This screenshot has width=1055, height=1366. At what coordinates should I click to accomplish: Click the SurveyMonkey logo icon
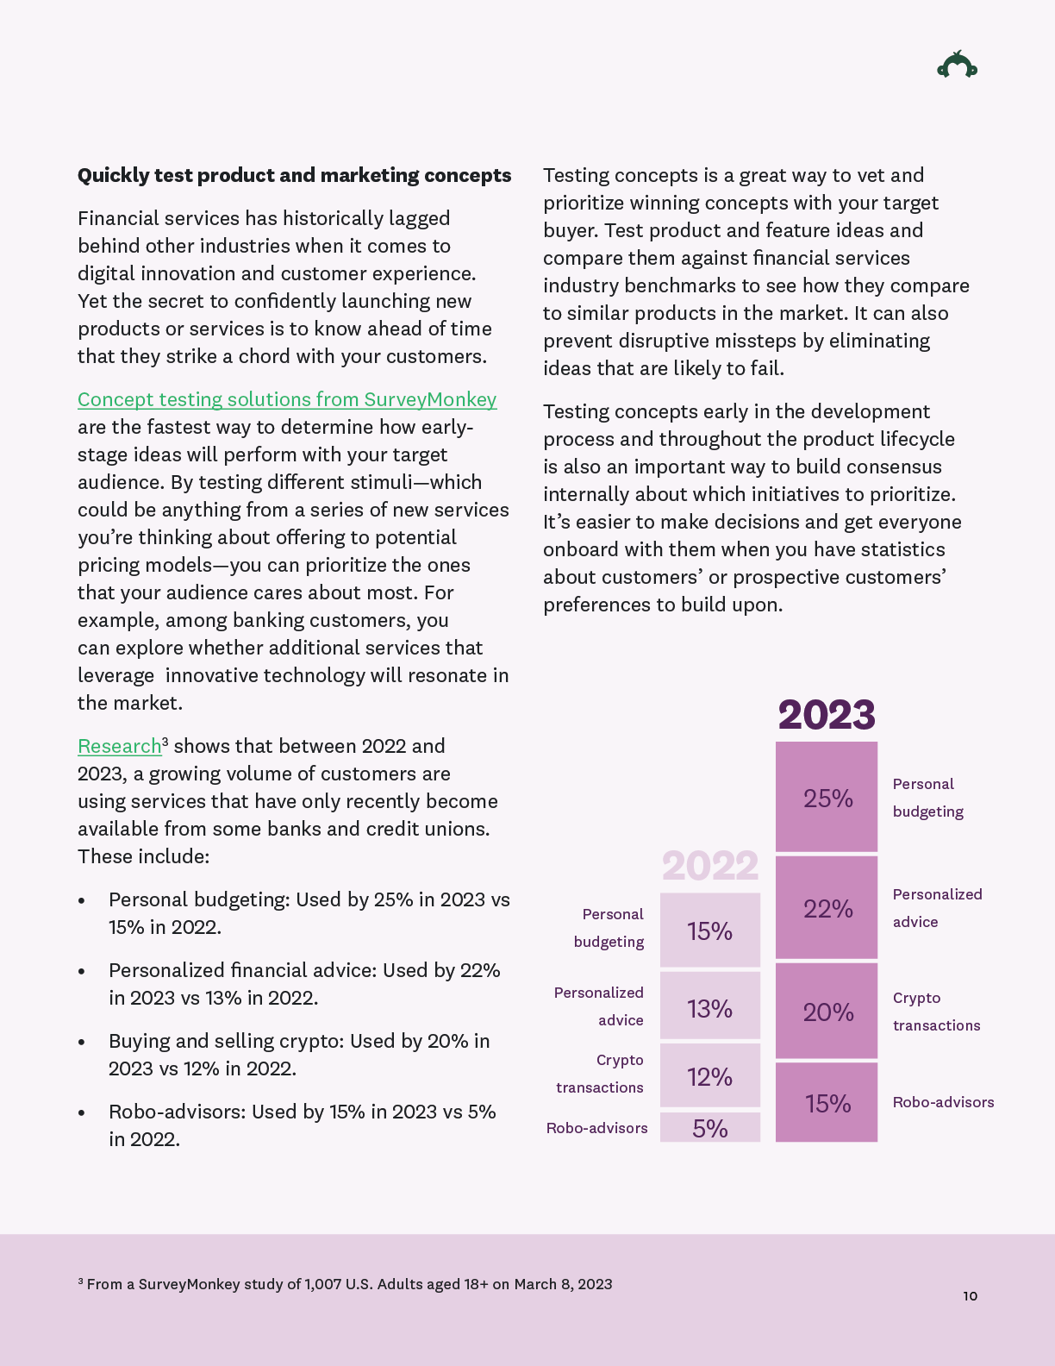click(x=957, y=66)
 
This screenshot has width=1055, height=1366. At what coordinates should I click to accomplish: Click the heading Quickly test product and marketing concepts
click(x=294, y=176)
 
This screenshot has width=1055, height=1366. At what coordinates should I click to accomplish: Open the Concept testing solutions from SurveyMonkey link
click(x=287, y=399)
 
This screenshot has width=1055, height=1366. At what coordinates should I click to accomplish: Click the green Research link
click(x=120, y=746)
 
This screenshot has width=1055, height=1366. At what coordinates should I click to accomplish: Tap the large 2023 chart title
click(x=827, y=715)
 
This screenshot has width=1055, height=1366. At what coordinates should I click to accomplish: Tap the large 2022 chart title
click(x=710, y=866)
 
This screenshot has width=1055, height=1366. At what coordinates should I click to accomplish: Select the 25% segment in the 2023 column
click(x=827, y=798)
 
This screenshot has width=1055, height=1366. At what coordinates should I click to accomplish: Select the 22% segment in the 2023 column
click(x=827, y=908)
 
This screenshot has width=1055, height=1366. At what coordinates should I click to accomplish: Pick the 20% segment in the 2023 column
click(x=827, y=1012)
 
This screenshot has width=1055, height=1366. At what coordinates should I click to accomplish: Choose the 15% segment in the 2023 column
click(x=827, y=1103)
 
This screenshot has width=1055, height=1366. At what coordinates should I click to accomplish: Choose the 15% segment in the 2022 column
click(x=710, y=931)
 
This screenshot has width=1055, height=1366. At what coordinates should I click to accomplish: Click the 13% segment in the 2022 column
click(x=710, y=1007)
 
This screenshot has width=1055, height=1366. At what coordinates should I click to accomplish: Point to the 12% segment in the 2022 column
click(x=710, y=1076)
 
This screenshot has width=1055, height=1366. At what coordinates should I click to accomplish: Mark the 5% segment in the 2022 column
click(x=710, y=1128)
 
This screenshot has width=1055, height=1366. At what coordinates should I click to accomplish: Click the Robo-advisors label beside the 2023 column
click(x=943, y=1102)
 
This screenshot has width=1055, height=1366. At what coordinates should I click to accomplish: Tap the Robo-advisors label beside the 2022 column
click(x=596, y=1128)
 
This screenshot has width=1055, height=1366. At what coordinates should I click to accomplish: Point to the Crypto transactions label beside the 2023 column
click(x=936, y=1012)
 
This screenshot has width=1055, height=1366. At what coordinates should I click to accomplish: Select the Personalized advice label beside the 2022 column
click(x=599, y=1006)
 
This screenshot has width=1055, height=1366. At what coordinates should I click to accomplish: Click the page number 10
click(x=971, y=1296)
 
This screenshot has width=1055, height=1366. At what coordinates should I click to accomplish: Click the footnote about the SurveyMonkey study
click(x=345, y=1284)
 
